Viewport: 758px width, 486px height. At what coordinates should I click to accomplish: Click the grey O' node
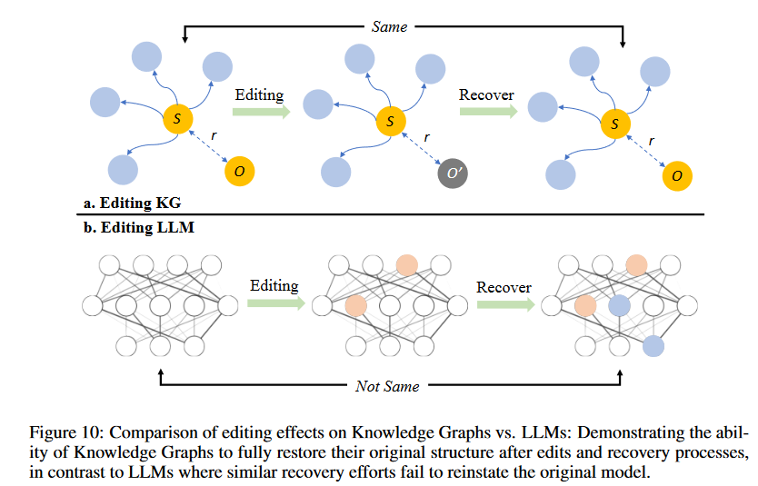pos(453,173)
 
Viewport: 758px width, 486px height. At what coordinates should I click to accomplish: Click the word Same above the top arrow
pos(389,26)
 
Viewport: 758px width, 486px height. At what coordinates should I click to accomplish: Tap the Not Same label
pos(387,386)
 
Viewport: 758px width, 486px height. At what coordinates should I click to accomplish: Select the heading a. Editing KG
pos(132,203)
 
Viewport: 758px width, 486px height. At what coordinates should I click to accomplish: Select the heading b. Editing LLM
pos(139,227)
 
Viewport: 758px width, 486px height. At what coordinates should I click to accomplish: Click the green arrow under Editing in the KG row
pos(262,112)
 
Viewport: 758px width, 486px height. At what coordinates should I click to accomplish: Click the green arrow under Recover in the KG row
pos(488,112)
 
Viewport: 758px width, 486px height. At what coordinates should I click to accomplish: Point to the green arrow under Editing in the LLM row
pos(276,303)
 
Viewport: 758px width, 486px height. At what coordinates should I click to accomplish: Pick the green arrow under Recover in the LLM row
pos(505,304)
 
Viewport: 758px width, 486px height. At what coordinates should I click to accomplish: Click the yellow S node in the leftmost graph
pos(178,119)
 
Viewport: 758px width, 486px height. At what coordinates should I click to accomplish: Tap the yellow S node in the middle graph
pos(391,121)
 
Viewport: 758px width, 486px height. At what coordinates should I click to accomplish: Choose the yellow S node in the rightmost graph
pos(615,124)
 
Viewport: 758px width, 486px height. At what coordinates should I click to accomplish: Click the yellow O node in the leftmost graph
pos(239,171)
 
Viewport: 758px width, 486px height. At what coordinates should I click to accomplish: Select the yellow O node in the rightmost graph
pos(677,176)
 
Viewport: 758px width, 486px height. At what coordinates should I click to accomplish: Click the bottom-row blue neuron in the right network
pos(653,346)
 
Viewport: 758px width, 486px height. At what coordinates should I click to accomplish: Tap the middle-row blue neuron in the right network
pos(619,306)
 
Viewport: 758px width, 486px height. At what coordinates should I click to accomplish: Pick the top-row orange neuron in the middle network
pos(406,265)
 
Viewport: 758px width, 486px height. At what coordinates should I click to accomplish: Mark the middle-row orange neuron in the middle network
pos(355,306)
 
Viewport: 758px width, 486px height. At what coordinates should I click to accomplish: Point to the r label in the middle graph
pos(426,138)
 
